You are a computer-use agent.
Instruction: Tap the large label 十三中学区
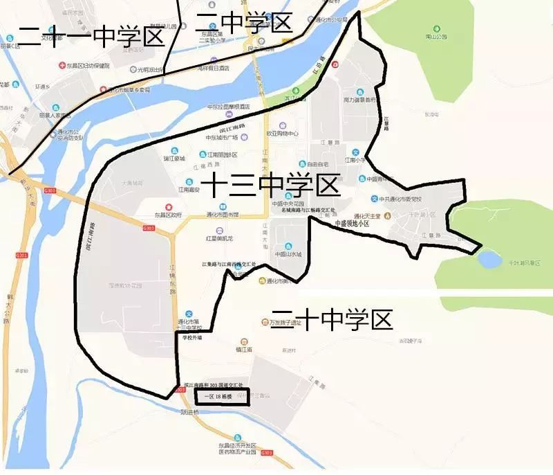[274, 186]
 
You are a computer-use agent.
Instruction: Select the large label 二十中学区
[331, 319]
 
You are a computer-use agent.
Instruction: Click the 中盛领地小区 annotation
[352, 224]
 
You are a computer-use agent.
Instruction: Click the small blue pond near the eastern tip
[489, 260]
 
